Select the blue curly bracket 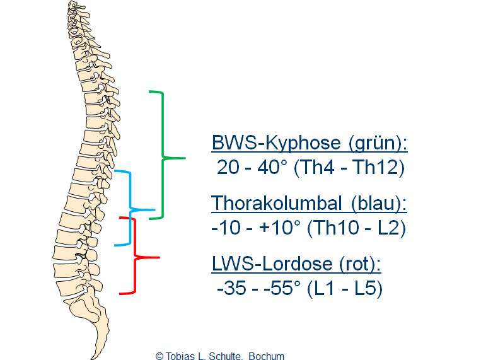tap(130, 207)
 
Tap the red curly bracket tap(136, 257)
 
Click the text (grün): tap(378, 143)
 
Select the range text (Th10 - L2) tap(356, 228)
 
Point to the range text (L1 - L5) tap(343, 289)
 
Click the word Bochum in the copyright tap(267, 355)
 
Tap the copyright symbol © tap(159, 355)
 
